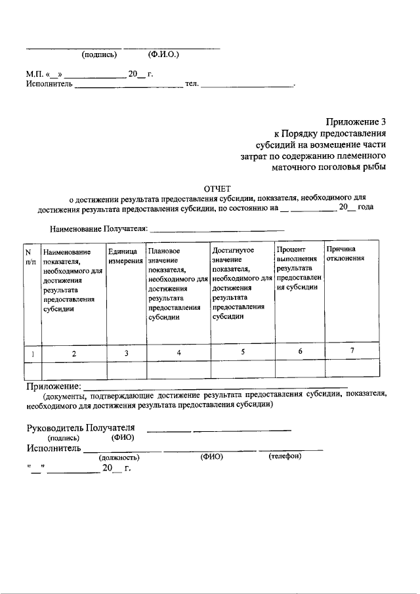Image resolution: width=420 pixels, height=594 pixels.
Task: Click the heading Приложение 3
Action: pos(356,121)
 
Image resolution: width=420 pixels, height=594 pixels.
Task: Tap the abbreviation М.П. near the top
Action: pos(35,74)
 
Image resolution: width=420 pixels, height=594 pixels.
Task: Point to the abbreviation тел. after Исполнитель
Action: pos(192,85)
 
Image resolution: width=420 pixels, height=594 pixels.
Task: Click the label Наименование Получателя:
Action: pos(99,230)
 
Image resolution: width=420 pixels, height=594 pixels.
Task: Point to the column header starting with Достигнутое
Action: pos(241,282)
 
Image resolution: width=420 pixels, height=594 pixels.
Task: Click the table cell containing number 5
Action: pos(242,352)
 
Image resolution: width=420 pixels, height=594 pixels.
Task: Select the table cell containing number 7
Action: pos(352,351)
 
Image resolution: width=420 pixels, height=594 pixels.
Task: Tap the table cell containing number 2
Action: pos(73,353)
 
